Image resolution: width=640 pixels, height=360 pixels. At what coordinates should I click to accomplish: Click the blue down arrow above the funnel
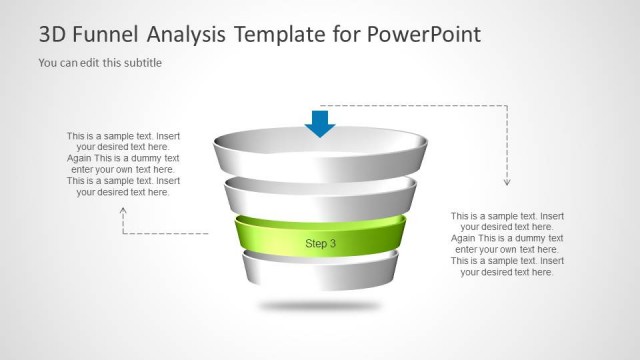[320, 122]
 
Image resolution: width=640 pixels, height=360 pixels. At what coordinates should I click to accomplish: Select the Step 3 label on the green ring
[320, 243]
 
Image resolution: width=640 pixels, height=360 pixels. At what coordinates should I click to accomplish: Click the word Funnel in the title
[106, 35]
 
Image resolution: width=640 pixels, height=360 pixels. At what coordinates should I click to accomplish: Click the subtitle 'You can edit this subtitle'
[100, 63]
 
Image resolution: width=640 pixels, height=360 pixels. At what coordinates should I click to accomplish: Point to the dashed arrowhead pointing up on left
[124, 211]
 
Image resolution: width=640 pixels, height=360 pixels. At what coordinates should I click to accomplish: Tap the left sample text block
[124, 163]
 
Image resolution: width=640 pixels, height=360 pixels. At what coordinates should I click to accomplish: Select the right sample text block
[507, 243]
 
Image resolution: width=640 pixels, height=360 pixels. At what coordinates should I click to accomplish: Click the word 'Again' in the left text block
[83, 158]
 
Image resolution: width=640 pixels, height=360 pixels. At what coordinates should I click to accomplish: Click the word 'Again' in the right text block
[467, 238]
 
